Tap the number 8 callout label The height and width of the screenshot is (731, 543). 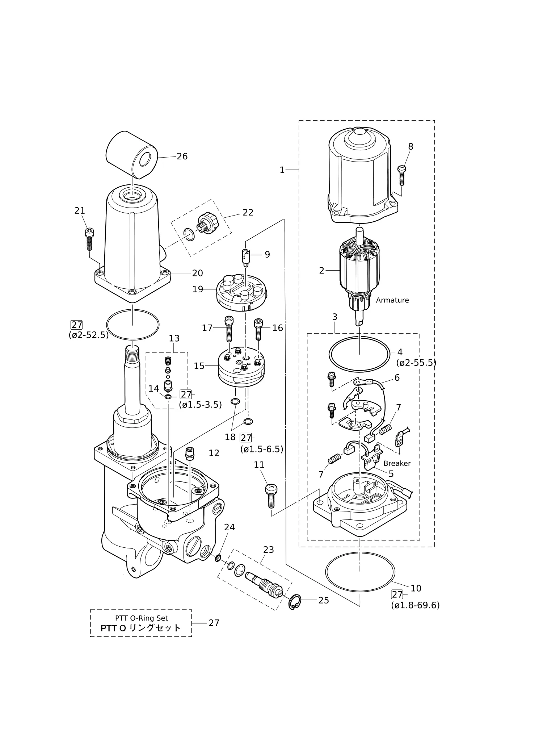click(x=411, y=147)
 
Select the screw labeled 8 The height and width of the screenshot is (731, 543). click(x=401, y=175)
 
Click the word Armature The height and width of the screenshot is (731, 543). click(x=392, y=300)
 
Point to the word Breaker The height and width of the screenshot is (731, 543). click(x=397, y=463)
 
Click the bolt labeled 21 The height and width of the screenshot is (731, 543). click(x=89, y=239)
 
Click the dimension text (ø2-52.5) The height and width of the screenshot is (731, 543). click(x=89, y=335)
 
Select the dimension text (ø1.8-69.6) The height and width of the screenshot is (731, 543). click(x=415, y=605)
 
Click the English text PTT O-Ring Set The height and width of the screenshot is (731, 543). click(x=142, y=618)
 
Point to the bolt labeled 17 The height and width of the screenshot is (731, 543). click(x=228, y=329)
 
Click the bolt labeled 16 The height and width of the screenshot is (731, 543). click(x=258, y=329)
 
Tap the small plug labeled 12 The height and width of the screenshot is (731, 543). click(x=190, y=454)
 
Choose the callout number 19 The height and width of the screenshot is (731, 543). click(x=198, y=289)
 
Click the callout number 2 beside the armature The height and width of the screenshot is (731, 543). click(x=321, y=271)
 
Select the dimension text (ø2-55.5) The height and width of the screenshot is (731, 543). click(x=416, y=363)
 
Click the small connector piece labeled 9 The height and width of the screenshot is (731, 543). click(x=246, y=257)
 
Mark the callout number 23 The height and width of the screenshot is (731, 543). click(x=269, y=550)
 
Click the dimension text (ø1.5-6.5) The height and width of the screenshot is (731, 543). click(x=262, y=449)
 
